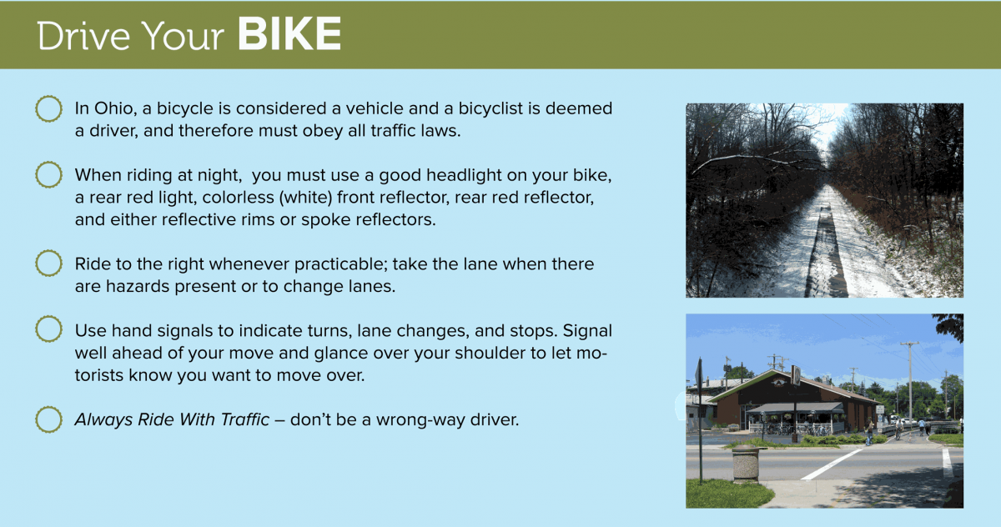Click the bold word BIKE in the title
[x=289, y=34]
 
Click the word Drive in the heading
[x=83, y=36]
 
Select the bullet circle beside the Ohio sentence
[x=48, y=108]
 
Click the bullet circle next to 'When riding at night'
[x=48, y=174]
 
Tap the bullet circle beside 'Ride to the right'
[x=48, y=263]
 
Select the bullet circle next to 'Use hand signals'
[x=48, y=329]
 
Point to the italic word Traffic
[x=245, y=419]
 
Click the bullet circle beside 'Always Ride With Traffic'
[x=48, y=419]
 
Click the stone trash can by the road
[x=746, y=463]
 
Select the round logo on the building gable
[x=779, y=382]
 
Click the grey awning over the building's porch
[x=794, y=407]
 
